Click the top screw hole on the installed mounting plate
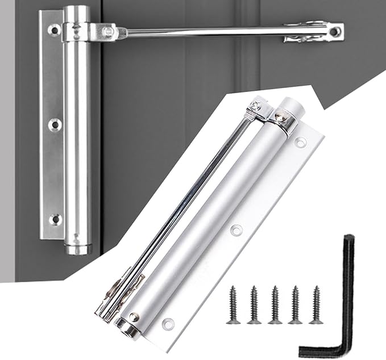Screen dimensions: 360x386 pos(54,30)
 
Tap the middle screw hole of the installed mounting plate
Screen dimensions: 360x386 pos(54,124)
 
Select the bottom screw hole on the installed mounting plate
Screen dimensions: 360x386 pos(54,219)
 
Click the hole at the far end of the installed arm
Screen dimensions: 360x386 pos(336,31)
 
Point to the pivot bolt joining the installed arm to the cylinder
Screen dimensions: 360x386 pos(107,32)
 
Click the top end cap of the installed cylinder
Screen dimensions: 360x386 pos(77,12)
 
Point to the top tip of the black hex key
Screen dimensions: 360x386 pos(348,238)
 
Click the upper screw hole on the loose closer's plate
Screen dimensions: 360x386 pos(301,142)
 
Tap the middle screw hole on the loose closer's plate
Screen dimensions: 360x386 pos(236,230)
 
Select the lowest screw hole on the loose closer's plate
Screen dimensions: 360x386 pos(168,324)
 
